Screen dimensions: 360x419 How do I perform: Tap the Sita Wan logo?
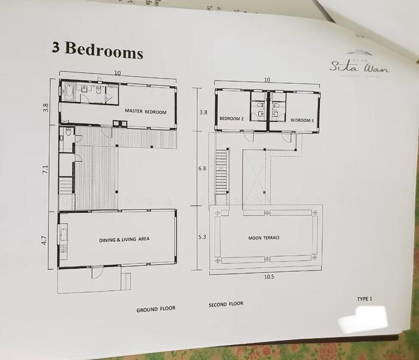[x=359, y=67]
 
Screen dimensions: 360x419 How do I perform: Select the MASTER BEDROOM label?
[x=145, y=112]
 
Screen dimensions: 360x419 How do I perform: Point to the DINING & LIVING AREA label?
[x=124, y=239]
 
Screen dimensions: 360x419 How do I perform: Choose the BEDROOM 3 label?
[x=302, y=120]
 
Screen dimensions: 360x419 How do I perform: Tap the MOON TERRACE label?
[x=265, y=238]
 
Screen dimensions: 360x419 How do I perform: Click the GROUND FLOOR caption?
[x=155, y=309]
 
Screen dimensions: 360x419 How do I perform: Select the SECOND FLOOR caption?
[x=226, y=304]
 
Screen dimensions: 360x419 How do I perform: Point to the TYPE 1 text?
[x=364, y=298]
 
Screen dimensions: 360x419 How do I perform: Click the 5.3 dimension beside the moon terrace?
[x=203, y=237]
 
